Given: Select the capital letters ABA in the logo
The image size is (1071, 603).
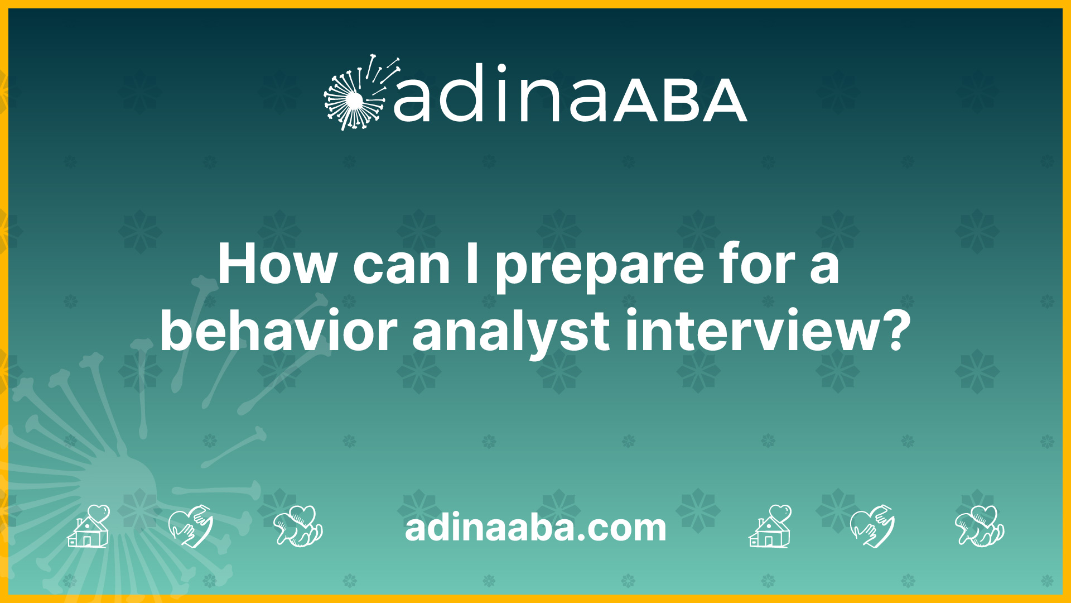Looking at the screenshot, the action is [x=681, y=100].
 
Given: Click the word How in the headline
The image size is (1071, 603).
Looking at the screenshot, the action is [x=277, y=264].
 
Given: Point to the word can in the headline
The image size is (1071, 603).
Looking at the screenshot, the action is [x=401, y=267].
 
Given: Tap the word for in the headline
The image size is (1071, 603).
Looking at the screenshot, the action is [x=758, y=264].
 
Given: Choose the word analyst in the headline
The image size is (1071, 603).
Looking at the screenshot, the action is [x=511, y=335].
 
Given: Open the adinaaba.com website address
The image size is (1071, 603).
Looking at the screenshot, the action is [x=535, y=528].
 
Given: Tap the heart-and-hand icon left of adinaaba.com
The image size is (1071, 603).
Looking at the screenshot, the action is [x=191, y=526].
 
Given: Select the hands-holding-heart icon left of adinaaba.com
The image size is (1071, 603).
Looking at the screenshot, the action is [x=298, y=526].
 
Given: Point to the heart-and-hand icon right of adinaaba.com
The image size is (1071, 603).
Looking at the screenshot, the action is [x=872, y=526].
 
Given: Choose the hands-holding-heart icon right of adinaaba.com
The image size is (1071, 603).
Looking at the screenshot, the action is [x=980, y=526].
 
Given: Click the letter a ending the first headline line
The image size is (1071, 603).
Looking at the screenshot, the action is [x=824, y=268].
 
